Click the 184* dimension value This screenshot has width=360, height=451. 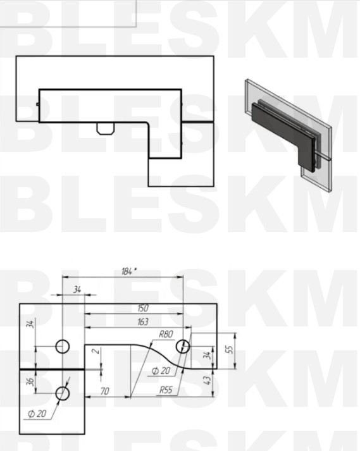128,271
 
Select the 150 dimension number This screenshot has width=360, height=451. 143,308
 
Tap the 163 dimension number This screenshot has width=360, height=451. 143,321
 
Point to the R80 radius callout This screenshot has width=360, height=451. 166,334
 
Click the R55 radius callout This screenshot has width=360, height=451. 166,390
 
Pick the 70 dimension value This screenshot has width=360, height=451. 105,391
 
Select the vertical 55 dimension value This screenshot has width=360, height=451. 230,349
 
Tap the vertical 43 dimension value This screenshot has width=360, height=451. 207,380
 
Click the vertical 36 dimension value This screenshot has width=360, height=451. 30,381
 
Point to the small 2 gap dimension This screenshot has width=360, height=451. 97,350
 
